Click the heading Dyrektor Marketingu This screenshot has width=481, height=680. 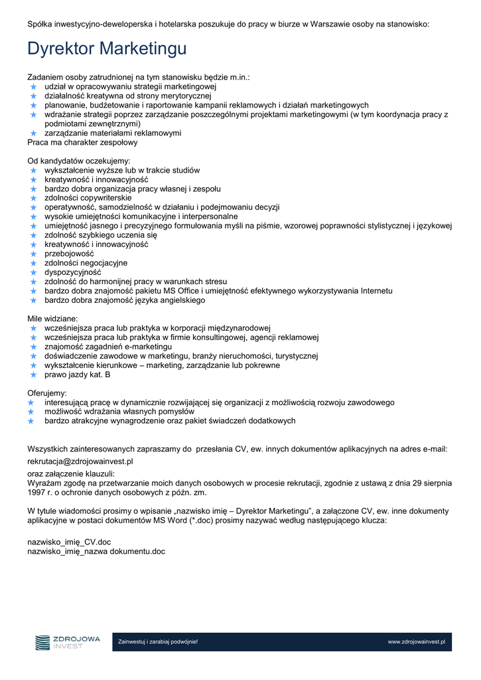[x=107, y=49]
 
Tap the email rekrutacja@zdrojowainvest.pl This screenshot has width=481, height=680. [x=80, y=461]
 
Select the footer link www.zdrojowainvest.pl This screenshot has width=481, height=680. [x=416, y=642]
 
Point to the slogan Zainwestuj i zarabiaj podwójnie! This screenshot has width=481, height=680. [x=158, y=642]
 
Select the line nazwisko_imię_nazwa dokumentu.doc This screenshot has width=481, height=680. [x=96, y=551]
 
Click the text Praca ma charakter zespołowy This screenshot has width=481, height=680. [x=82, y=142]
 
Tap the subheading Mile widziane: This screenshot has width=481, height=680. [x=52, y=319]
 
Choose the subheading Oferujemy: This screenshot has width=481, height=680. [x=47, y=393]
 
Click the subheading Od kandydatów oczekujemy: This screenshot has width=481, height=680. [x=79, y=161]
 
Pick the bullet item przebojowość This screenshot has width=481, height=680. [x=69, y=254]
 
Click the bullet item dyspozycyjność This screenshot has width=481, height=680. [x=73, y=272]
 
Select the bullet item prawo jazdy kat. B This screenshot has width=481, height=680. [x=78, y=375]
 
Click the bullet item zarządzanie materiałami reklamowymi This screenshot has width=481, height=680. [x=113, y=133]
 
